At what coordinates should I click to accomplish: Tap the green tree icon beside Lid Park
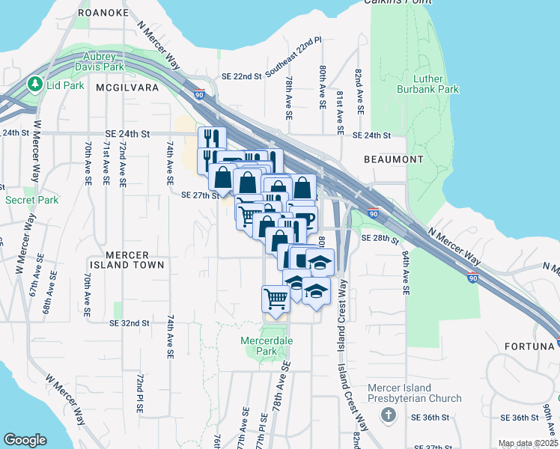click(34, 85)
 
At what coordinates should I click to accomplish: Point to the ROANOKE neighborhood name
click(103, 13)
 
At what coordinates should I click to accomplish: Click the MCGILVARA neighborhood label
click(124, 88)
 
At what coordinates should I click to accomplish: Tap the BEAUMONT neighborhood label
click(393, 159)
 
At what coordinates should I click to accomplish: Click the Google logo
click(25, 440)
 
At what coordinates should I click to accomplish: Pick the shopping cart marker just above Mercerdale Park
click(276, 299)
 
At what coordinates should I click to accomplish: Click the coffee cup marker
click(305, 219)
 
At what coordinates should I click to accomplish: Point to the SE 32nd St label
click(130, 323)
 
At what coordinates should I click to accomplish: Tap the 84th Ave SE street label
click(405, 272)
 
